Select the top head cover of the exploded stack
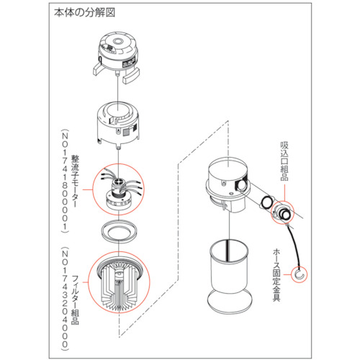tap(119, 51)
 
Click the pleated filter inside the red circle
tap(117, 284)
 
